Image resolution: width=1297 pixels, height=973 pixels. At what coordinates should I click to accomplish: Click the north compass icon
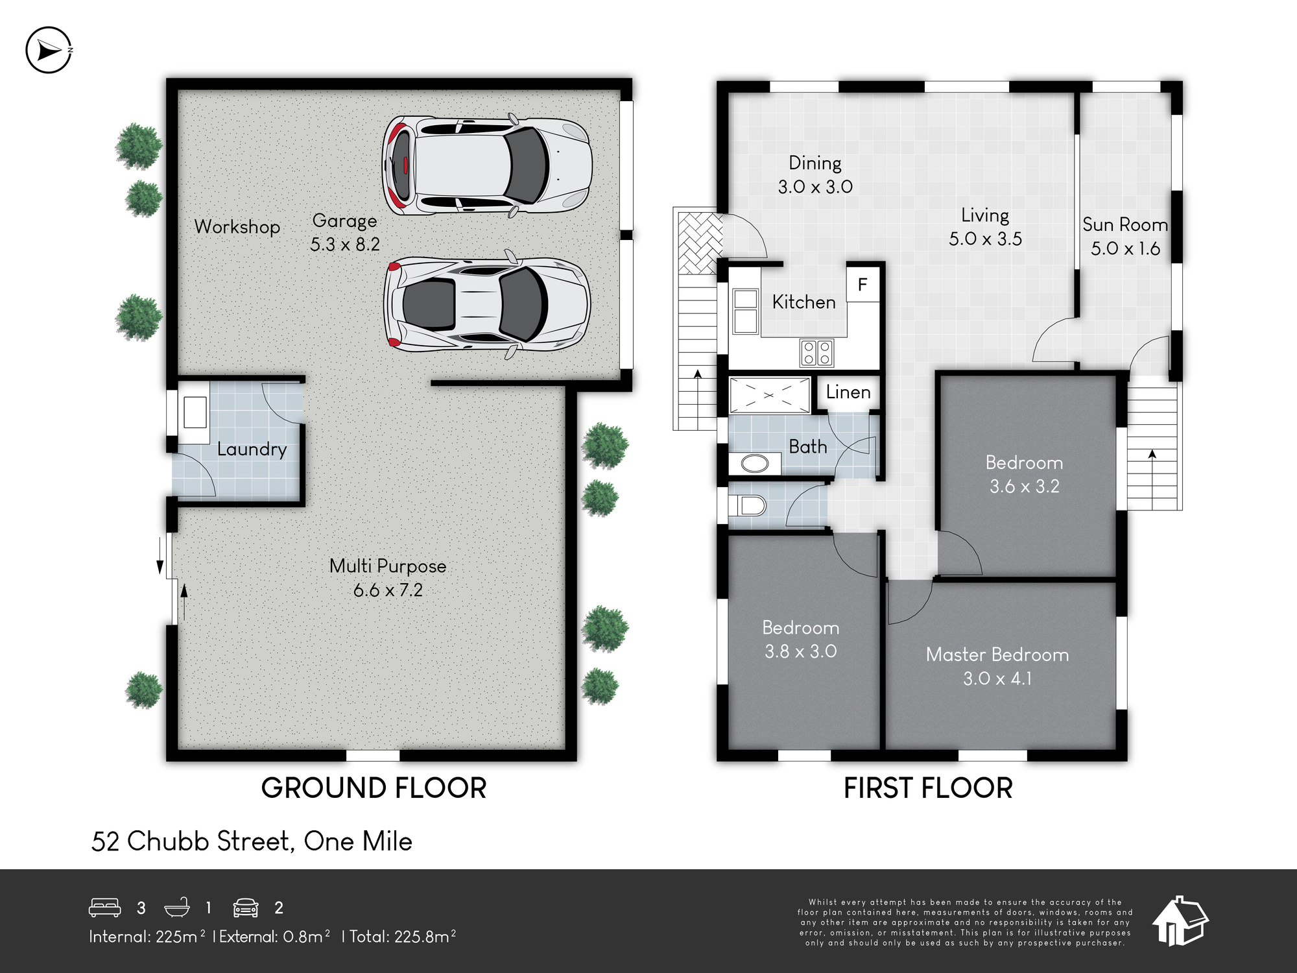[x=49, y=50]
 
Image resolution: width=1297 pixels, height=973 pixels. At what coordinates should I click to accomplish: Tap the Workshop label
[x=237, y=227]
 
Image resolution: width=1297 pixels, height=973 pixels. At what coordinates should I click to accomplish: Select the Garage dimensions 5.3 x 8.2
[x=345, y=245]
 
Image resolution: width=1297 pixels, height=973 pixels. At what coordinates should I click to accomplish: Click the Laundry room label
[x=252, y=449]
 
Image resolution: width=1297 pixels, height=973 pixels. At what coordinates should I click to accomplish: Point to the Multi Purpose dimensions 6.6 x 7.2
[x=388, y=590]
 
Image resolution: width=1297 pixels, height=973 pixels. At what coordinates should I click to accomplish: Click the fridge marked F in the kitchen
[x=863, y=284]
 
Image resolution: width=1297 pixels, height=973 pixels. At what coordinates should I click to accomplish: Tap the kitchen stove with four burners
[x=816, y=354]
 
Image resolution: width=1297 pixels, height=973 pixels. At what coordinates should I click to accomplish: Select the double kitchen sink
[x=746, y=311]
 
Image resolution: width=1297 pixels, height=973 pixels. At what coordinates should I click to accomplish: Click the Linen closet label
[x=848, y=392]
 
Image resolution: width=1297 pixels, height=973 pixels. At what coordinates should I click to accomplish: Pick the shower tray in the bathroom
[x=770, y=395]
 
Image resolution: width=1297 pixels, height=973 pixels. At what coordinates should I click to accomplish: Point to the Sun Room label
[x=1125, y=224]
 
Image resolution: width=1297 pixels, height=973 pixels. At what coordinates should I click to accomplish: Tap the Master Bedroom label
[x=997, y=655]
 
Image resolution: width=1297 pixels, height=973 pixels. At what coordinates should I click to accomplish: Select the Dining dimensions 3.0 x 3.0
[x=815, y=187]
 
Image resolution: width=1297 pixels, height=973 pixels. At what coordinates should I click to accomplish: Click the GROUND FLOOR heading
[x=374, y=788]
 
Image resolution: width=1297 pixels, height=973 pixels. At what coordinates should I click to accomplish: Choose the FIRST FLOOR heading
[x=928, y=788]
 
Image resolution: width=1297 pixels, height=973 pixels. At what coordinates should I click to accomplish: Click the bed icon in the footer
[x=104, y=907]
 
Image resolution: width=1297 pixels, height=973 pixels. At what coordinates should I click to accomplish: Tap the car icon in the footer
[x=246, y=907]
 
